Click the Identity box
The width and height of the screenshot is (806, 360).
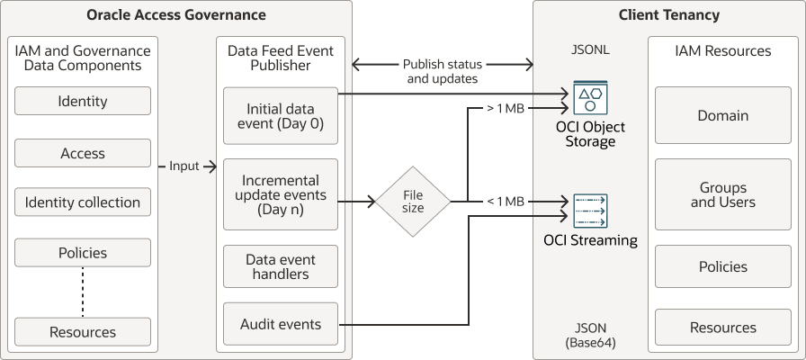[x=83, y=102]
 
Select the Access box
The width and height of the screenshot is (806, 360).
[x=83, y=153]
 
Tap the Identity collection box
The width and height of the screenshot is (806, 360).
[x=83, y=202]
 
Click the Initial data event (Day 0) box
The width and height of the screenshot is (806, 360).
[x=280, y=116]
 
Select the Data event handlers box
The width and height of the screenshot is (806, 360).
[x=280, y=266]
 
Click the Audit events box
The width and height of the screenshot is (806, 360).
[x=280, y=324]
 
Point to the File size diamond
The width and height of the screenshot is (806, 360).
[x=412, y=202]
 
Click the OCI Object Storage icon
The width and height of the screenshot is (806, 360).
[x=590, y=97]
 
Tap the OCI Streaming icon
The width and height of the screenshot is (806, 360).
[x=590, y=211]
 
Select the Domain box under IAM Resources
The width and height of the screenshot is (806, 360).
[x=722, y=115]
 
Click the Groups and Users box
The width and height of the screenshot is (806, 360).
[x=722, y=195]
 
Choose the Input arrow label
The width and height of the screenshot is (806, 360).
[x=184, y=166]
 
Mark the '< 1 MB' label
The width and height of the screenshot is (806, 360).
[x=505, y=202]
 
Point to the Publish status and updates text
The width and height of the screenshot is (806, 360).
[x=443, y=72]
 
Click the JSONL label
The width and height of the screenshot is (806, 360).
[x=590, y=50]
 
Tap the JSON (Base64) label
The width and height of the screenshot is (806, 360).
[x=590, y=336]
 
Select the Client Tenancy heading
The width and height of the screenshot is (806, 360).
[x=668, y=15]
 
